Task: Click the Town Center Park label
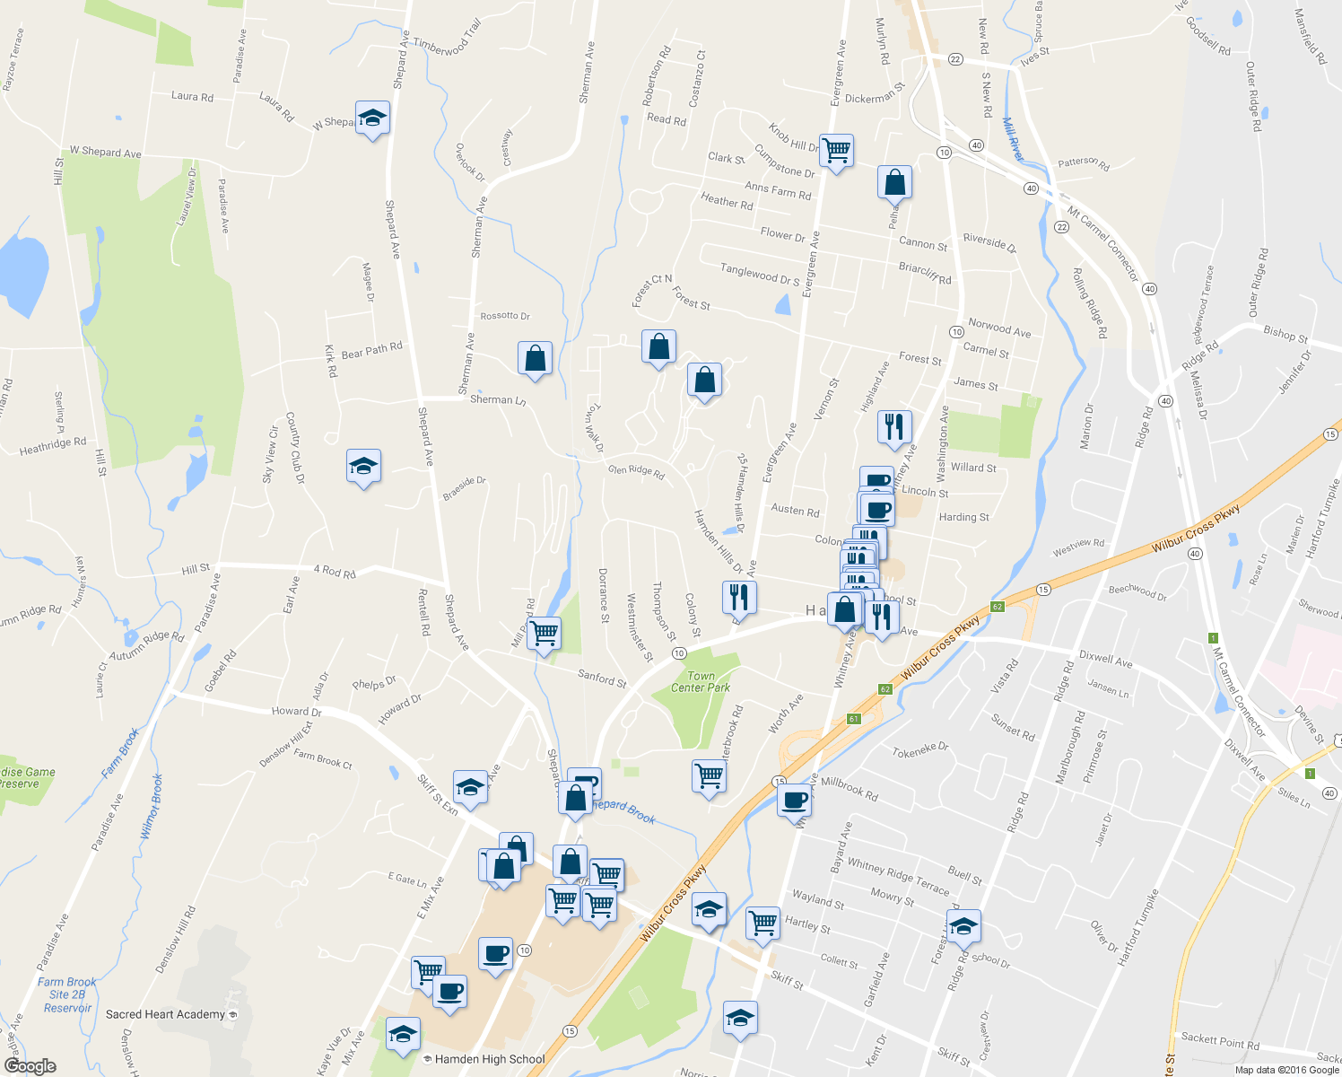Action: tap(701, 682)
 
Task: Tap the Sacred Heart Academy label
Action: tap(165, 1014)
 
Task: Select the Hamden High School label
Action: tap(490, 1059)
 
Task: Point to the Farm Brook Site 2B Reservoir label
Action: tap(67, 994)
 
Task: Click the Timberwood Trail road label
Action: tap(448, 41)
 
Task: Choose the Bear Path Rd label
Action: tap(371, 350)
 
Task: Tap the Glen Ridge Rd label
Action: tap(636, 471)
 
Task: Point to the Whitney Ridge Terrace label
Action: tap(898, 876)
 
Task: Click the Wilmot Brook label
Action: tap(151, 807)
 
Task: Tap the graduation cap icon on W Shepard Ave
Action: tap(372, 118)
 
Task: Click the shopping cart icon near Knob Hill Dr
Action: tap(836, 151)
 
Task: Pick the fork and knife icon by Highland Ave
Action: tap(894, 426)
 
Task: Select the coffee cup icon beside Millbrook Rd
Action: tap(794, 799)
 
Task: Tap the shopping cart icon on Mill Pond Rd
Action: tap(544, 633)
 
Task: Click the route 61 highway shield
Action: tap(853, 719)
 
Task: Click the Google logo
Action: tap(30, 1066)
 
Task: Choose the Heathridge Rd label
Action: tap(53, 445)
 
